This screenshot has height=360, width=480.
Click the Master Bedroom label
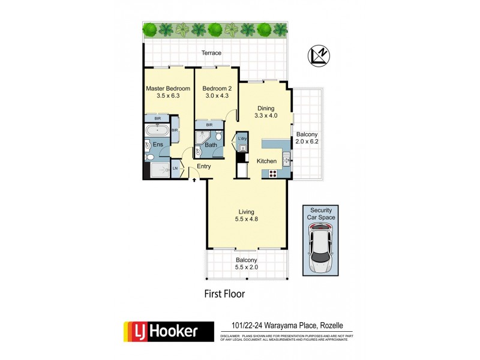[168, 88]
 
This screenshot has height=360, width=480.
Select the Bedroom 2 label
[216, 88]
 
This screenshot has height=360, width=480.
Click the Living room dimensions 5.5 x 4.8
[247, 220]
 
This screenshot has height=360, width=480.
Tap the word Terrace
[211, 53]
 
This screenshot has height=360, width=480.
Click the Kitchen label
[266, 161]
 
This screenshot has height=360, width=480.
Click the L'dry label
[242, 139]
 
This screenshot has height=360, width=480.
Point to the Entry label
[203, 166]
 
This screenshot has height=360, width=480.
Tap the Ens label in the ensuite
[158, 145]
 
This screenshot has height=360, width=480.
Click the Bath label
[211, 145]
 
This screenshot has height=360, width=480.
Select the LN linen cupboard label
[175, 169]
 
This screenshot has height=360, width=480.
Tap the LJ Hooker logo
[169, 332]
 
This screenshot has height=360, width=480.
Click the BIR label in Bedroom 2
[209, 125]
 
